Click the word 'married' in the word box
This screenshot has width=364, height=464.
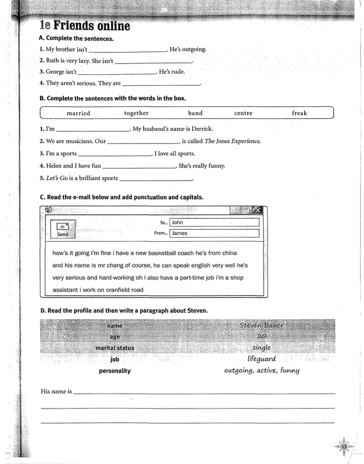[78, 113]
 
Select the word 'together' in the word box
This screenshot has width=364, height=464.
[136, 113]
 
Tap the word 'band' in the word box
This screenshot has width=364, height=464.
[195, 113]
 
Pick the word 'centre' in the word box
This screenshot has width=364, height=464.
[243, 113]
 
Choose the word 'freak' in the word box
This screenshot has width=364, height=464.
[300, 113]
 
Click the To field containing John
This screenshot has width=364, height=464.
[214, 222]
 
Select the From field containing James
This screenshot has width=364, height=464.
[214, 233]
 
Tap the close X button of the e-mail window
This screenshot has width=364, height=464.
[257, 210]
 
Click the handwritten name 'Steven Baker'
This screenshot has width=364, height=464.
[261, 325]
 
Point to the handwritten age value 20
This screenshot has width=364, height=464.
[262, 337]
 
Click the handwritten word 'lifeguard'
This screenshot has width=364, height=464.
[262, 359]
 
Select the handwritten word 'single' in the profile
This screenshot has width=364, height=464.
[262, 347]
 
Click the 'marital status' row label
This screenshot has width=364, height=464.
[115, 348]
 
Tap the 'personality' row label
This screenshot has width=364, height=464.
[115, 371]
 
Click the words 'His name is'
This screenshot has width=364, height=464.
[56, 391]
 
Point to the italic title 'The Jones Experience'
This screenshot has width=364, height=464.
[232, 141]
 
